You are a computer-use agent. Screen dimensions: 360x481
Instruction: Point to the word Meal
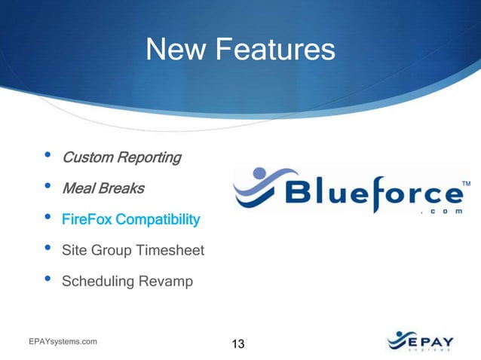point(78,188)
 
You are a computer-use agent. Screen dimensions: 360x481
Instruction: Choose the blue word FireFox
point(87,220)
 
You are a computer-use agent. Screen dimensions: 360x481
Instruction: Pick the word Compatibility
point(158,220)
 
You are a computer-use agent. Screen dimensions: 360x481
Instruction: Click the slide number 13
point(237,344)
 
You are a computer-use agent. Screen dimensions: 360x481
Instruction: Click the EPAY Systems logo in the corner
point(420,340)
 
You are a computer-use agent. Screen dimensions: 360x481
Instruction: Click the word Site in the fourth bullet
point(75,251)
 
